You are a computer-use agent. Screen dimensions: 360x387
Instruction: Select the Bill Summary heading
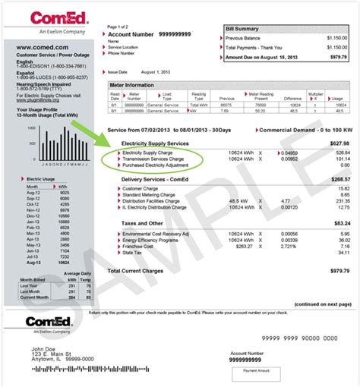(243, 28)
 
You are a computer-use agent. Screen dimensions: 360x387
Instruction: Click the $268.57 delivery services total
(339, 180)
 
